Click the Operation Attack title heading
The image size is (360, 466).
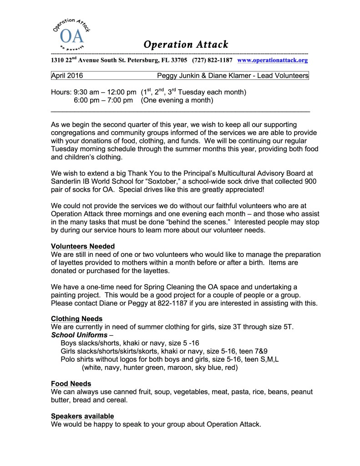(185, 45)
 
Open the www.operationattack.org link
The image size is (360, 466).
(273, 60)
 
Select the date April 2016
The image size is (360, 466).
(67, 76)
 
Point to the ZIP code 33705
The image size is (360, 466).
(176, 60)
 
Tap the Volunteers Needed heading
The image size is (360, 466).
(83, 246)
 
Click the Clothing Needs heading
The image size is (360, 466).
(76, 318)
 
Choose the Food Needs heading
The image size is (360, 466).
(71, 384)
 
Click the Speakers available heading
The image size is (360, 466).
(82, 416)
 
